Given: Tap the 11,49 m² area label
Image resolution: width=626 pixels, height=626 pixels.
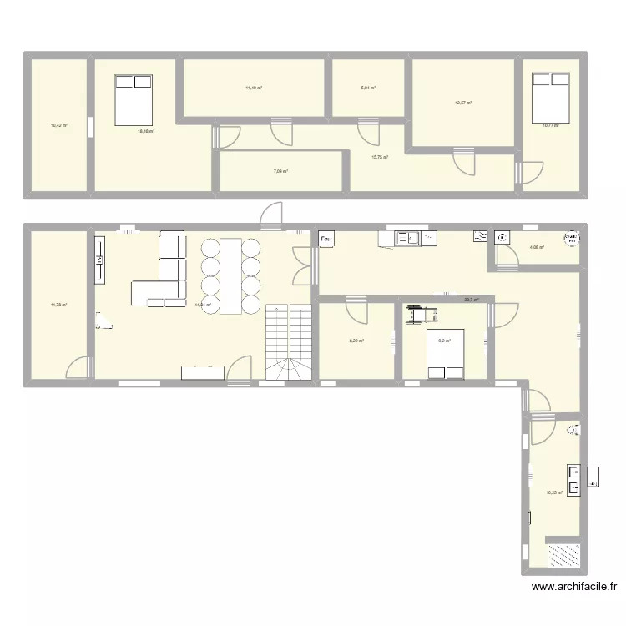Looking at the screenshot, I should [254, 88].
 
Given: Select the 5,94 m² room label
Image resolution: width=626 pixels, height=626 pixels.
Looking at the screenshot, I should [368, 88].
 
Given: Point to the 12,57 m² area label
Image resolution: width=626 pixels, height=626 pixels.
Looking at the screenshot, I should [463, 103].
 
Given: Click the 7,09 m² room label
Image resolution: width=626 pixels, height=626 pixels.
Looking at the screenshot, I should [280, 172].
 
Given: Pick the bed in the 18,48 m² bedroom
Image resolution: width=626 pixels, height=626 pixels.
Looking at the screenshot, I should [134, 100].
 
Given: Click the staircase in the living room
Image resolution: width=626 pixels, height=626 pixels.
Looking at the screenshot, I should [288, 342].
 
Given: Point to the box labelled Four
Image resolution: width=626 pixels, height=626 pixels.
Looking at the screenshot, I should [326, 240].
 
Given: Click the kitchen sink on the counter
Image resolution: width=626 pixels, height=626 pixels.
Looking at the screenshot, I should [410, 239].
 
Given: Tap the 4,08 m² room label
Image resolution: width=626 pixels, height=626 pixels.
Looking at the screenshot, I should [537, 247].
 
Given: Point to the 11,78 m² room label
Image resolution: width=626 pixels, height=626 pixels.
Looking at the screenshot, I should [58, 305].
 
